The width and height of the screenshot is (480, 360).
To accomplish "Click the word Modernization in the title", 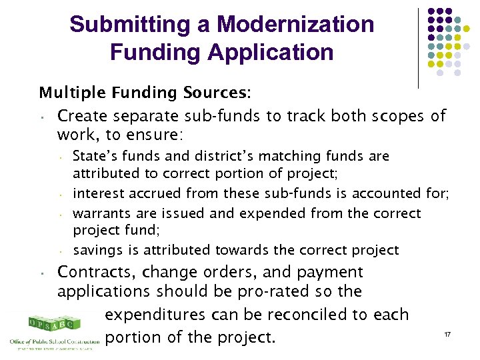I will pos(295,25).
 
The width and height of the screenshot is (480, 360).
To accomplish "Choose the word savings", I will pos(94,251).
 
